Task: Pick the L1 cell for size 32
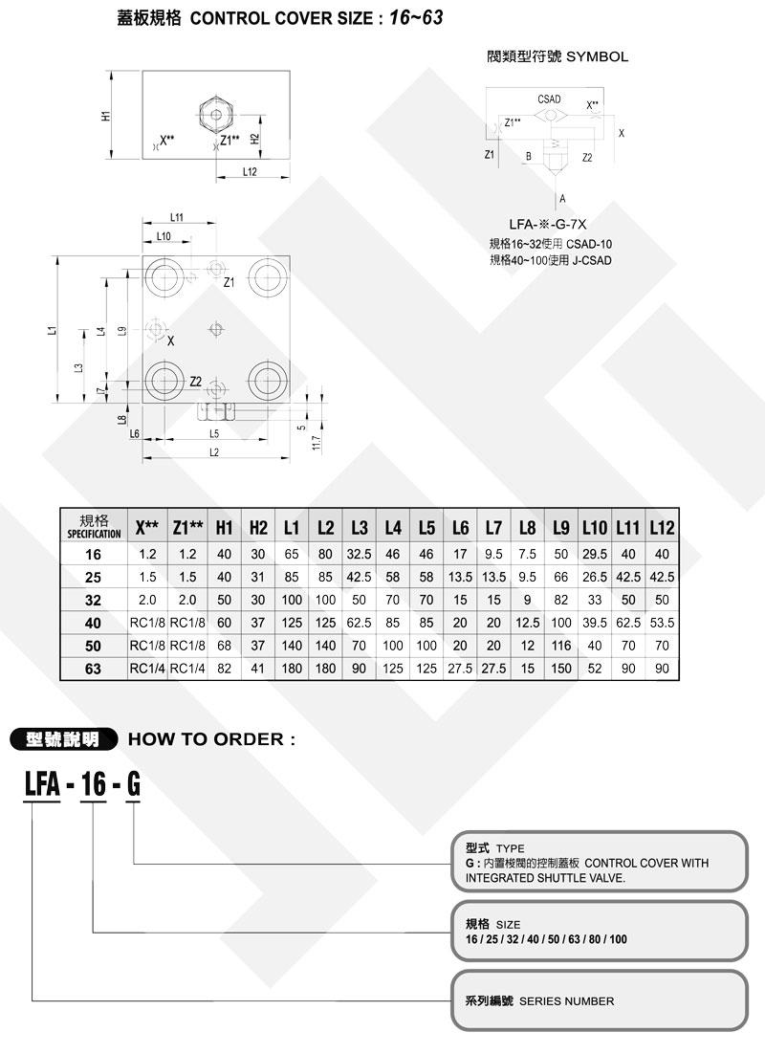coord(292,600)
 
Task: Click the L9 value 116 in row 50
coord(560,645)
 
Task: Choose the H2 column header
coord(258,527)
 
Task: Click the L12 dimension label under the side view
coord(250,172)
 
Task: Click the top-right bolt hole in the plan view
coord(264,278)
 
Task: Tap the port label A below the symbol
coord(563,197)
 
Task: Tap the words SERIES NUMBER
coord(567,1001)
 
